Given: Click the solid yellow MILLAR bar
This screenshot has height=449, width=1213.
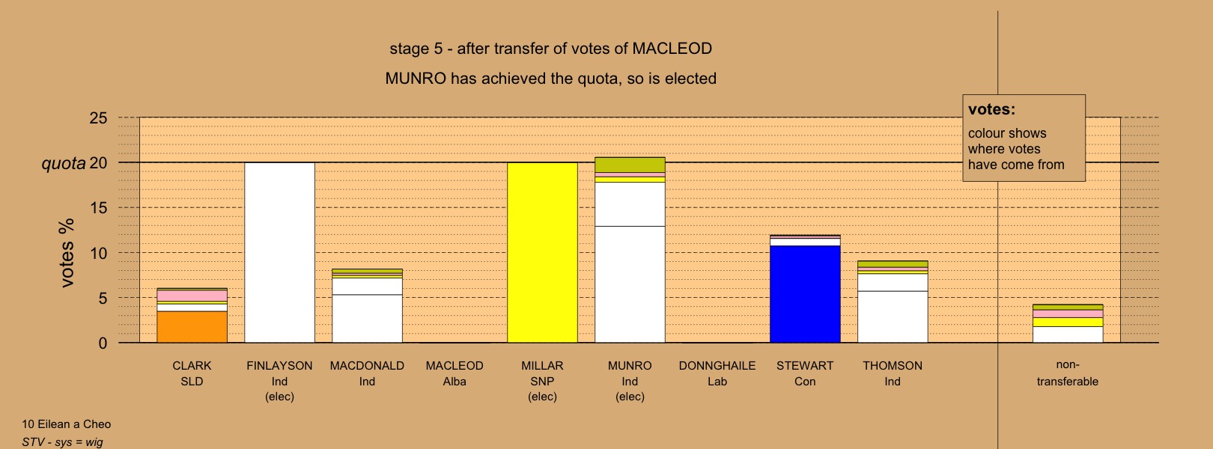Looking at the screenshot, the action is [542, 253].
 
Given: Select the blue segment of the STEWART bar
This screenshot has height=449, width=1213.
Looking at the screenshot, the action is [805, 294].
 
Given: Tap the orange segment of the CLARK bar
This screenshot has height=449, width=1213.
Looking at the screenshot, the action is [192, 327].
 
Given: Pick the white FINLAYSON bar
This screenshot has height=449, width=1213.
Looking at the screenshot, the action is [279, 253].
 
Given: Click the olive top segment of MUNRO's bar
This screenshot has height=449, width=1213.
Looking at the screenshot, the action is [630, 165].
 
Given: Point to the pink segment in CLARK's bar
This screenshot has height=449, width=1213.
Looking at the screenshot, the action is [192, 296].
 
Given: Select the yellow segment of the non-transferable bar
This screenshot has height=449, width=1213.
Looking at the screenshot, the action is [1068, 323].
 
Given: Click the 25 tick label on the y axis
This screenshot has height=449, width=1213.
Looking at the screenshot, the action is [99, 118].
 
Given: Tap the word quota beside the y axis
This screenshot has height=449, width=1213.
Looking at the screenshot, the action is [64, 163].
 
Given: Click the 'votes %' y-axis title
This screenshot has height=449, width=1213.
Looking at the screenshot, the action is [67, 253].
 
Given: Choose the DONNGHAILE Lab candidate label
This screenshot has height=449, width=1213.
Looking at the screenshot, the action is [717, 373].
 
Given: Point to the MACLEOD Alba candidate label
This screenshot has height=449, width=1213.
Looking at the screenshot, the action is [455, 373].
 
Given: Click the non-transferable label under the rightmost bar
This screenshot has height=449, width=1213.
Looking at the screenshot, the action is [1068, 373].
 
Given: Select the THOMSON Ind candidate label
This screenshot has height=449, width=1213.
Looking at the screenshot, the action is [893, 373].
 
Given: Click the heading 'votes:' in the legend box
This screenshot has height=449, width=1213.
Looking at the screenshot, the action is [991, 109].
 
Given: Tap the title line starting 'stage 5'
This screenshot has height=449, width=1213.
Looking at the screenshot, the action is [551, 49].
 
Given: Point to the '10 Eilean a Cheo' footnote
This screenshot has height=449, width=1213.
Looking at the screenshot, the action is [66, 424].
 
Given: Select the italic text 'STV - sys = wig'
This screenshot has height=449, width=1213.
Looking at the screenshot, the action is [62, 442].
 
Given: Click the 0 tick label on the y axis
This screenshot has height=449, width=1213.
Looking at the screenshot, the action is [103, 343].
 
